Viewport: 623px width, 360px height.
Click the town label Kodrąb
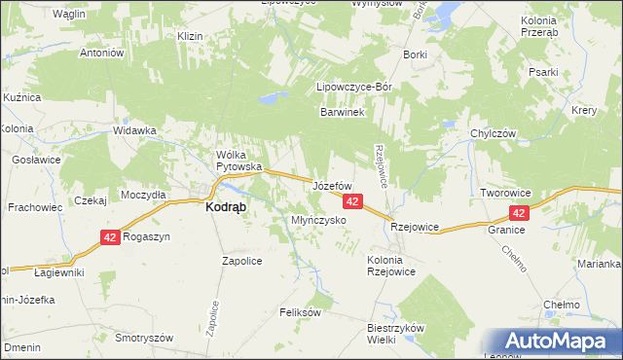(225, 207)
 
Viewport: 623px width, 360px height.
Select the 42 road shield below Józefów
(352, 201)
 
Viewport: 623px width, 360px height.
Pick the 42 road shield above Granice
(519, 213)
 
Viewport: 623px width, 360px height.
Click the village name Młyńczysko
(319, 221)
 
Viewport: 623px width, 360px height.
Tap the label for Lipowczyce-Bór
(354, 88)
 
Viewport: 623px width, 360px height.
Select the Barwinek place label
(342, 113)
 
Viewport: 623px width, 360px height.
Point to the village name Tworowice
(504, 194)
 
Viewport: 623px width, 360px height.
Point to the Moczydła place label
(144, 195)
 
